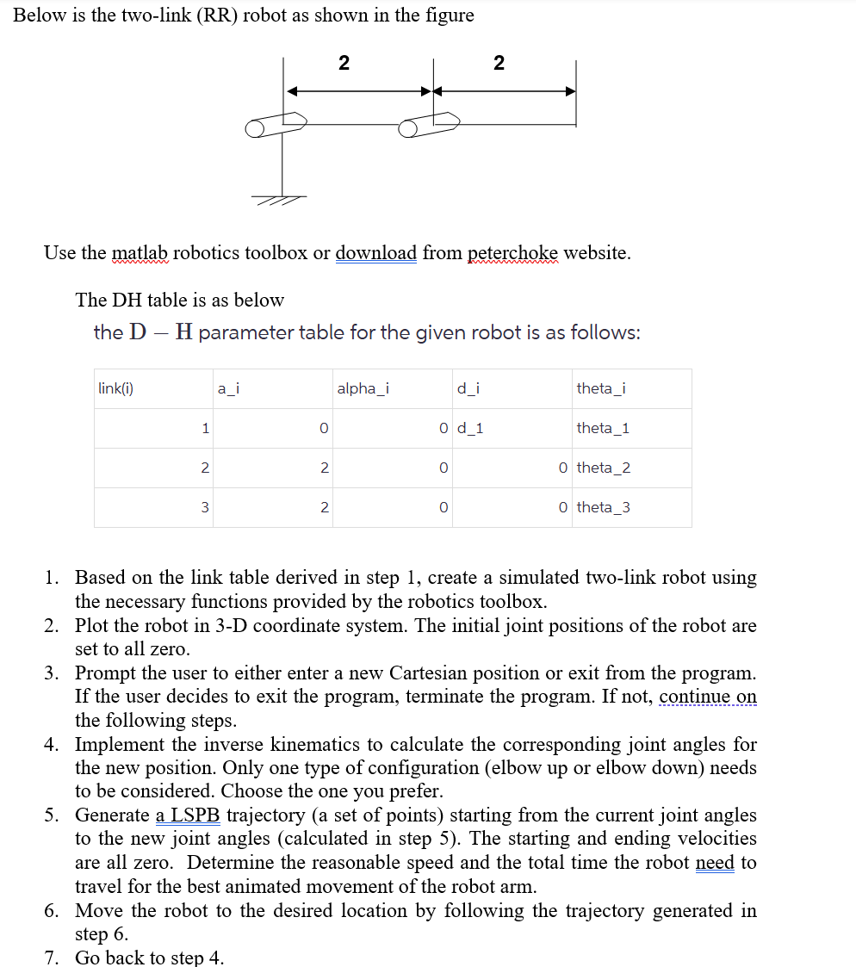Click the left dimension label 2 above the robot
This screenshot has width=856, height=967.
(344, 62)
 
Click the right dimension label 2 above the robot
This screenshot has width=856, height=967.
(499, 62)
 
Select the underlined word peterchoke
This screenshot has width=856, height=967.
(512, 253)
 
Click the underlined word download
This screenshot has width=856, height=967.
(375, 253)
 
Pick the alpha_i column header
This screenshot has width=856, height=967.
(363, 388)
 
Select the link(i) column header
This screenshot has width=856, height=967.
(115, 388)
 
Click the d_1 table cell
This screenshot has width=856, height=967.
(470, 428)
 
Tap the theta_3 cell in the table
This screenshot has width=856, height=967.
(603, 507)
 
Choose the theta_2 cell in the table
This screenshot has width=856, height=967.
(603, 468)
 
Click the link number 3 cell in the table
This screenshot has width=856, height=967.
(204, 507)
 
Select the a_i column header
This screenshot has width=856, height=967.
(227, 388)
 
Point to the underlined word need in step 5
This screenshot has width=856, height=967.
(714, 862)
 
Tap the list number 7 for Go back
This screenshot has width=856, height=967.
(53, 958)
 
